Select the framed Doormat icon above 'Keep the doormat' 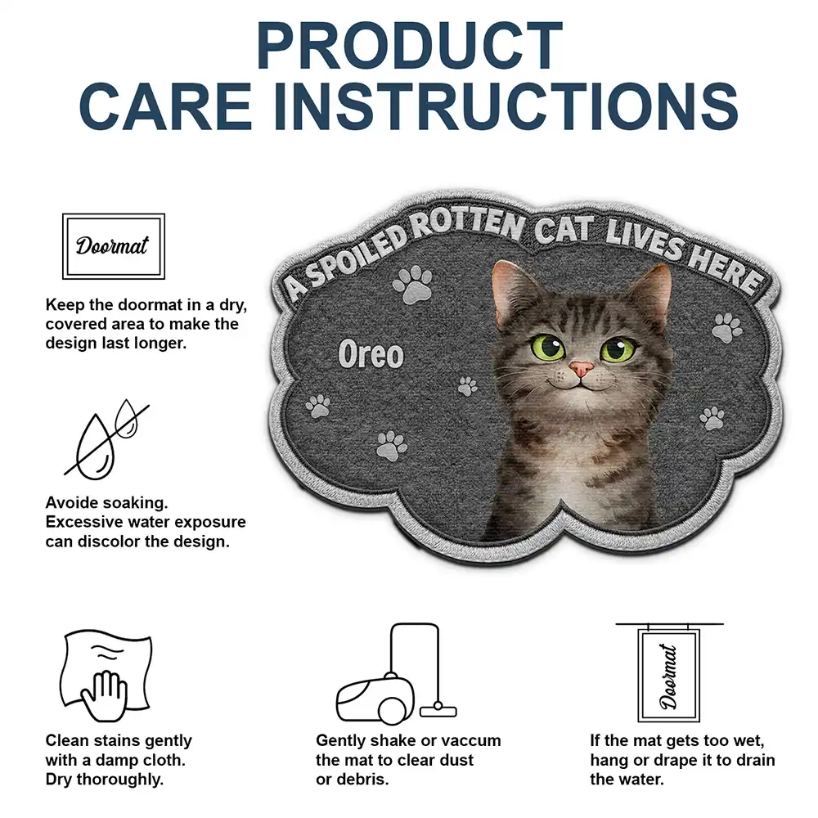pos(114,245)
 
